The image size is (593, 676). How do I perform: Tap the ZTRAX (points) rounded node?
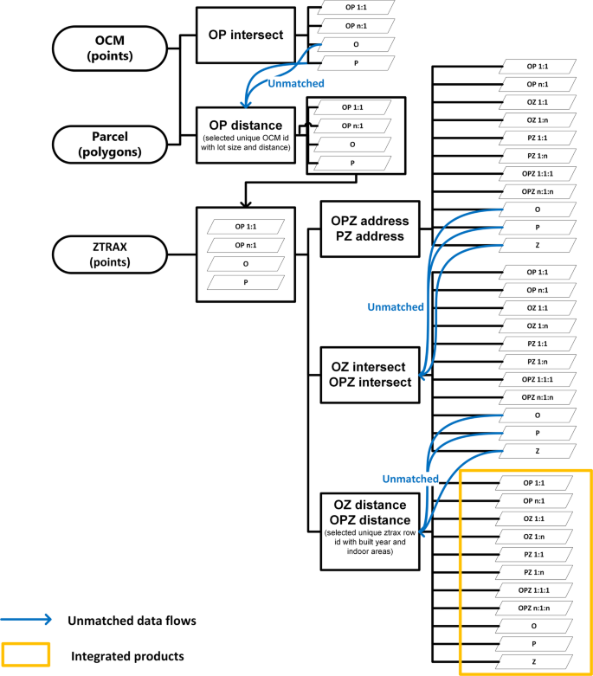point(97,255)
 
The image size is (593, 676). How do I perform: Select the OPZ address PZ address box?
point(370,229)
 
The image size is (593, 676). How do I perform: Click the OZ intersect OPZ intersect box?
point(370,375)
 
